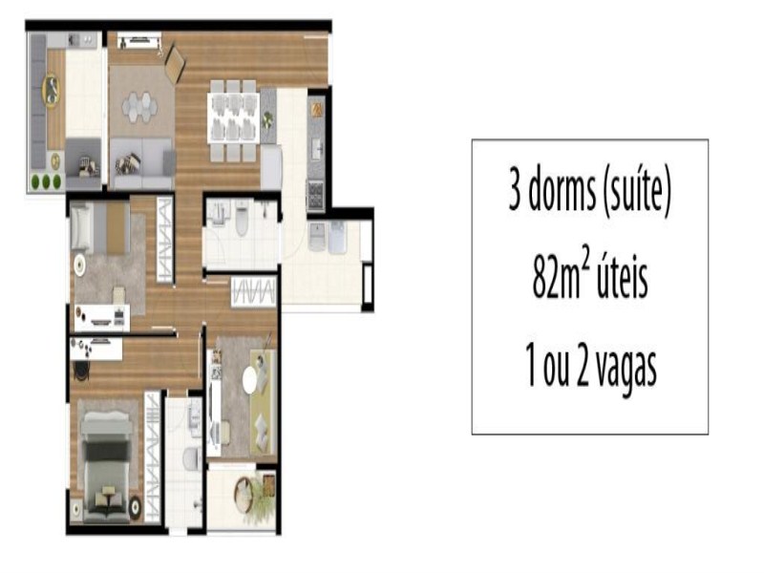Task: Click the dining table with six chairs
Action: click(x=233, y=120)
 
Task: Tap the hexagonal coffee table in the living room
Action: click(x=139, y=107)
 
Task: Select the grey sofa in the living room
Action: click(x=142, y=163)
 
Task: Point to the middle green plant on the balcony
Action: click(x=46, y=181)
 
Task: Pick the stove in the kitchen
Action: click(x=315, y=195)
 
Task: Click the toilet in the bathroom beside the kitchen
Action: click(x=243, y=221)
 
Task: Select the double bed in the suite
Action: click(x=106, y=467)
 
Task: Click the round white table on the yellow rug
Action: click(x=250, y=379)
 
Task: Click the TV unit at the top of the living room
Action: click(x=138, y=41)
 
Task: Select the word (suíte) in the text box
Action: click(x=637, y=193)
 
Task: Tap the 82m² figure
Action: click(x=561, y=278)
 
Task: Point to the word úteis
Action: click(x=623, y=278)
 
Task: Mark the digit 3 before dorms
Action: click(x=515, y=190)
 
